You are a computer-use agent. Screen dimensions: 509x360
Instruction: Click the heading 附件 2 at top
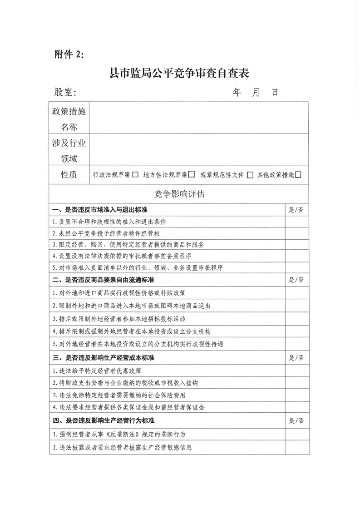pos(69,54)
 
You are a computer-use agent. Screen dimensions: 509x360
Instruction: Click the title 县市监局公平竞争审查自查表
pos(180,73)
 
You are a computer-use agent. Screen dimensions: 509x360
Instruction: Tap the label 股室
pos(65,93)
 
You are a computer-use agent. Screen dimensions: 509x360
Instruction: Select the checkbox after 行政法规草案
pos(135,175)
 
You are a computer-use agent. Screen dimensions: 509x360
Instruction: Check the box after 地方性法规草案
pos(192,174)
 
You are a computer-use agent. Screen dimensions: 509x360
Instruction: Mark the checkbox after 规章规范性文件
pos(250,175)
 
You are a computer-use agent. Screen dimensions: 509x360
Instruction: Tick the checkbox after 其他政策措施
pos(298,174)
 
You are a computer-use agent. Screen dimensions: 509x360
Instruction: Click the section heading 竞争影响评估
pos(179,194)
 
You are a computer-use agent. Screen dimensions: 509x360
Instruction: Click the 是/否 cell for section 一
pos(296,210)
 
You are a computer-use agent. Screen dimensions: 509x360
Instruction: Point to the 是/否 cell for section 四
pos(296,420)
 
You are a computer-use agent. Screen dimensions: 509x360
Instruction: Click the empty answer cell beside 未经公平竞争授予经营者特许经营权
pos(296,233)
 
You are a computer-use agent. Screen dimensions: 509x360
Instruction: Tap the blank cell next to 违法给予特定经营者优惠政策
pos(296,371)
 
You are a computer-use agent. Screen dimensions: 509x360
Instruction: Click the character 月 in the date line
pos(256,92)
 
